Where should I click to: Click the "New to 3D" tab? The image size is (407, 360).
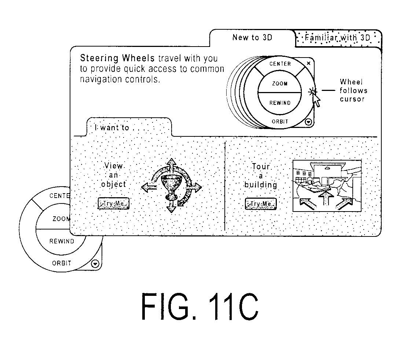point(252,38)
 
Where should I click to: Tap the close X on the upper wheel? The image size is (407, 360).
point(308,63)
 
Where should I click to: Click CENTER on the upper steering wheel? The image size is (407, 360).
point(280,64)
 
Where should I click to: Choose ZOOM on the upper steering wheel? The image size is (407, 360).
point(280,84)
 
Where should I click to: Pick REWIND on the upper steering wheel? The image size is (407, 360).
point(280,103)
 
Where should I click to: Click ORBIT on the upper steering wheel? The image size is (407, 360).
point(280,121)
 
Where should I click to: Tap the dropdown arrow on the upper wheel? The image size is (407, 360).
point(308,122)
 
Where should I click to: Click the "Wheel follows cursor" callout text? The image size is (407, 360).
point(353,91)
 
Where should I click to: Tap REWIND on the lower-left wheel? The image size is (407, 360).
point(62,241)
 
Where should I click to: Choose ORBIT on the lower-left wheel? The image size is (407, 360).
point(62,263)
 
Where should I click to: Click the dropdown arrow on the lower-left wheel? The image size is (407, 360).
point(95,264)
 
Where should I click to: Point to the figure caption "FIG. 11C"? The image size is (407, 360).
point(199,306)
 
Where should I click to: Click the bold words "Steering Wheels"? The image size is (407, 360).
point(117,58)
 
